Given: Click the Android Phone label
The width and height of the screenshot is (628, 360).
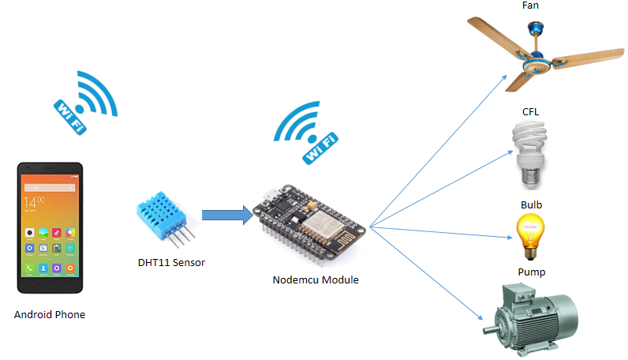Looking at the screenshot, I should tap(50, 314).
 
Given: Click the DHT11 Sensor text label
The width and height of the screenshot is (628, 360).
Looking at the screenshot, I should tap(171, 262).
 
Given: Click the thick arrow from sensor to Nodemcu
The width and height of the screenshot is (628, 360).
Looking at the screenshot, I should tap(226, 216).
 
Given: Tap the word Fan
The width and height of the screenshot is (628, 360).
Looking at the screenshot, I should tap(531, 6).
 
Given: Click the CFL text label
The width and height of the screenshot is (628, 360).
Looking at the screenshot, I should tap(531, 111).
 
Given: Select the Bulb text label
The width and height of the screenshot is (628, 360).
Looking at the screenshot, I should tap(531, 205).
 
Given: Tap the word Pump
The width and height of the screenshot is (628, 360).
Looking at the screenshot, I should tap(531, 272).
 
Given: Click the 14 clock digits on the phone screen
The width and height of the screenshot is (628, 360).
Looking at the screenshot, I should tap(34, 201).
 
